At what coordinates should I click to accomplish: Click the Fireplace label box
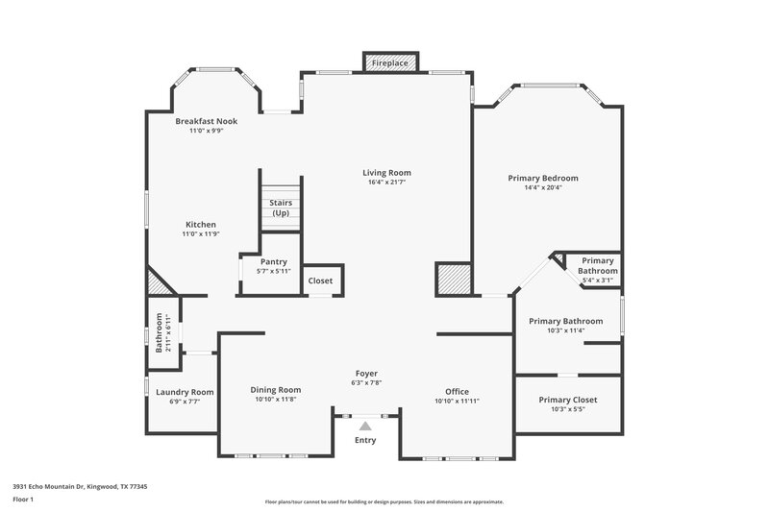[389, 62]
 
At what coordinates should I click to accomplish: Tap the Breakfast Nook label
[206, 121]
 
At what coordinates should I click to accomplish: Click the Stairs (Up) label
[280, 208]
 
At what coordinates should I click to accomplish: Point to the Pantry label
[274, 261]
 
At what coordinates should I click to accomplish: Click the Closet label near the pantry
[320, 280]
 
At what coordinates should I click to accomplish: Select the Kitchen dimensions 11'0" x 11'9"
[201, 233]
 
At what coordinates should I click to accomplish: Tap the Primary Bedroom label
[543, 178]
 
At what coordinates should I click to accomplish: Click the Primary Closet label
[568, 400]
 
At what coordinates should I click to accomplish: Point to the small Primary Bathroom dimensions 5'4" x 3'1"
[597, 280]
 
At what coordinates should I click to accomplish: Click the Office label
[457, 391]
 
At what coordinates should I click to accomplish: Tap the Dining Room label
[276, 389]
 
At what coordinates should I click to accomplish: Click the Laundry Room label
[185, 392]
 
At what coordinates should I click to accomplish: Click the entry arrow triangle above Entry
[364, 425]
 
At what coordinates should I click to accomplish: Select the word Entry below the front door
[364, 440]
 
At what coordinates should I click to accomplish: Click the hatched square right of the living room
[452, 280]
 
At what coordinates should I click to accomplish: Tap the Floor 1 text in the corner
[24, 500]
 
